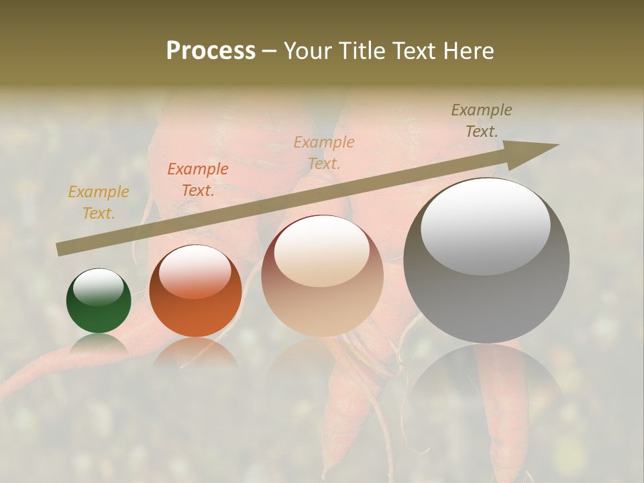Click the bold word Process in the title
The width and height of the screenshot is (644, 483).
point(211,50)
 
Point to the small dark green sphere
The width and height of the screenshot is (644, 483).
point(99,301)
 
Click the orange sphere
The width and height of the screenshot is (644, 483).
point(195,290)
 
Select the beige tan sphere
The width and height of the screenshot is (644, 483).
point(322,276)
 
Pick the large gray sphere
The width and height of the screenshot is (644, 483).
point(486,261)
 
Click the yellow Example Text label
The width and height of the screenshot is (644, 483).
point(99,203)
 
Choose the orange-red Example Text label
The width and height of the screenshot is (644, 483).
point(198,180)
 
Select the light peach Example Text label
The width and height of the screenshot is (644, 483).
point(324,152)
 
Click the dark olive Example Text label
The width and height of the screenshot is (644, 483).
point(482,121)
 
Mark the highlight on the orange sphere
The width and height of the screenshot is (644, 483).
point(195,271)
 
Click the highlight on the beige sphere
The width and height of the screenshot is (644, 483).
point(321,251)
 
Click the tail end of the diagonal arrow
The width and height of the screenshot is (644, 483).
point(60,250)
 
